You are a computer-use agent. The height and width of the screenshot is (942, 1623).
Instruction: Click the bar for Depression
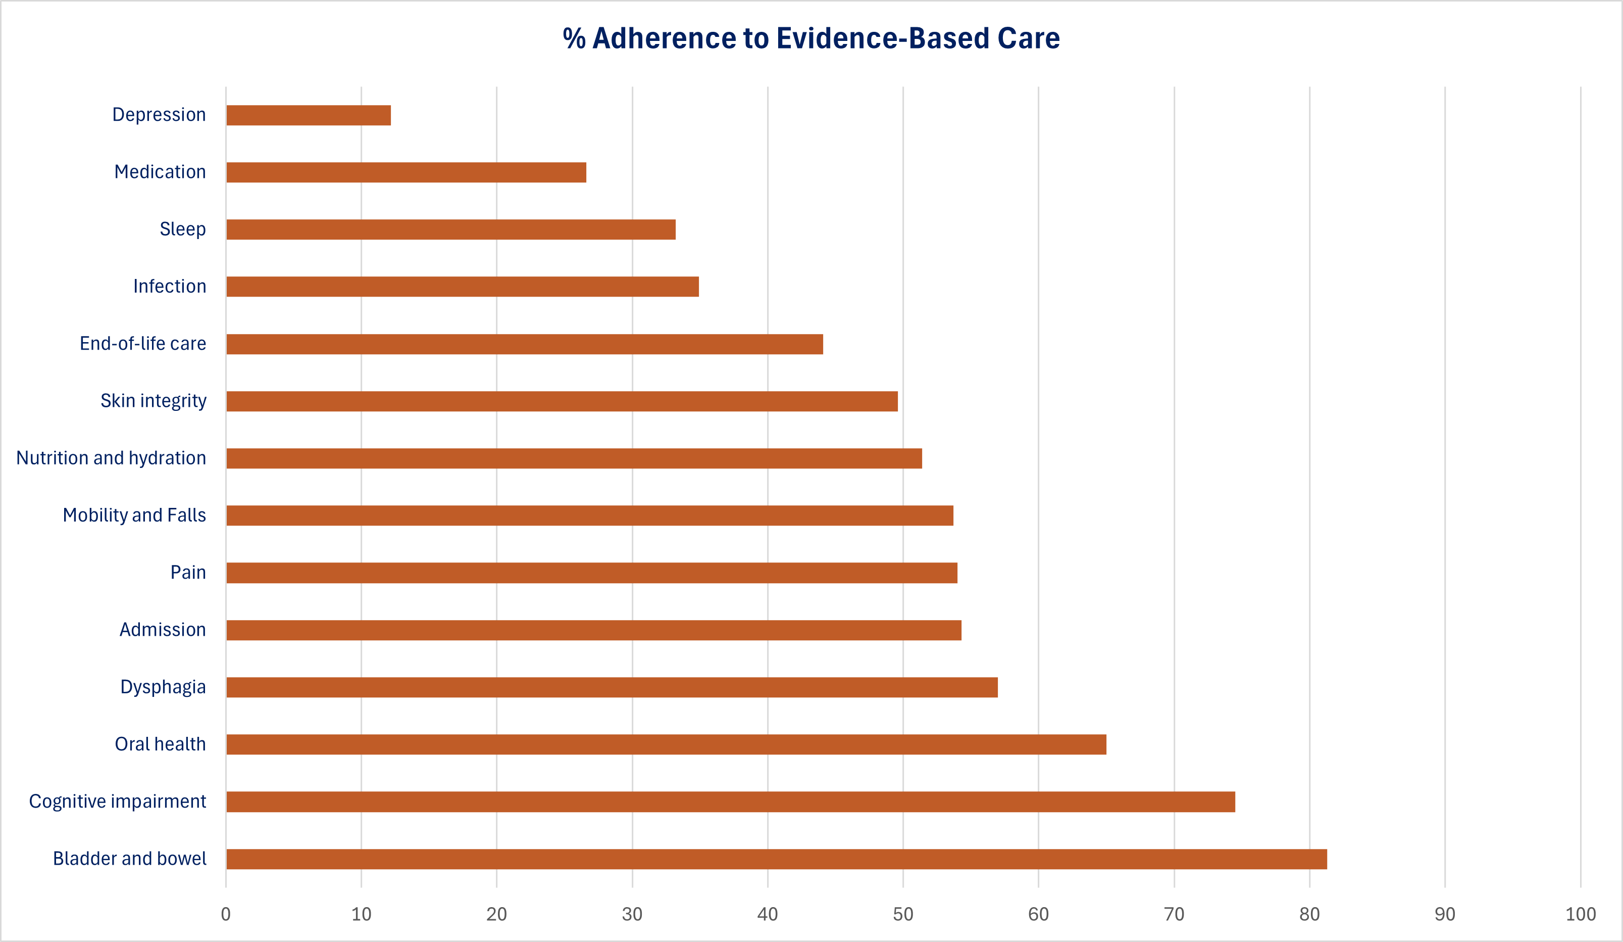309,115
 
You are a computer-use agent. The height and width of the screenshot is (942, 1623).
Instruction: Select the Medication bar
407,173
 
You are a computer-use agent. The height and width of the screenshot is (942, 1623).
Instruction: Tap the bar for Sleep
451,229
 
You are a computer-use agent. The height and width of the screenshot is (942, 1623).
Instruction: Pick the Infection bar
463,287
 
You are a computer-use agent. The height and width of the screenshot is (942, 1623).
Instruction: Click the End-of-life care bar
524,344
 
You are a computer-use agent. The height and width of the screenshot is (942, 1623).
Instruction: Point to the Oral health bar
666,744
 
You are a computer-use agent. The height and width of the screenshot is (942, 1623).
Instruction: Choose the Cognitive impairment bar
730,802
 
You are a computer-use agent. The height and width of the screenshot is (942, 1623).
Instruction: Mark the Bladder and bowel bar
776,859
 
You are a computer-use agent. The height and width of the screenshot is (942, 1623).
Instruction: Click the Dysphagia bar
612,687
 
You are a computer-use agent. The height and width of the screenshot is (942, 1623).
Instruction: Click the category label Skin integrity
154,401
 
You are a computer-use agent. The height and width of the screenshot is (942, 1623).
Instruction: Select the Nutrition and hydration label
111,458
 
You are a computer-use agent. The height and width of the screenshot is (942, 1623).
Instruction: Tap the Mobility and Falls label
134,515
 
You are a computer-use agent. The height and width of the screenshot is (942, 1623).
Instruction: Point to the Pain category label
188,572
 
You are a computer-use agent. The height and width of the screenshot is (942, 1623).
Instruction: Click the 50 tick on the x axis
903,914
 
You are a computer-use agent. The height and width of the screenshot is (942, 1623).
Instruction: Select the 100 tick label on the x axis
1581,914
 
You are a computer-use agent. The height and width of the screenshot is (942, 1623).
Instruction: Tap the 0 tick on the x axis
225,914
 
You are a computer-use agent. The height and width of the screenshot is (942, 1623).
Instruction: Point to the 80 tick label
1309,914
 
